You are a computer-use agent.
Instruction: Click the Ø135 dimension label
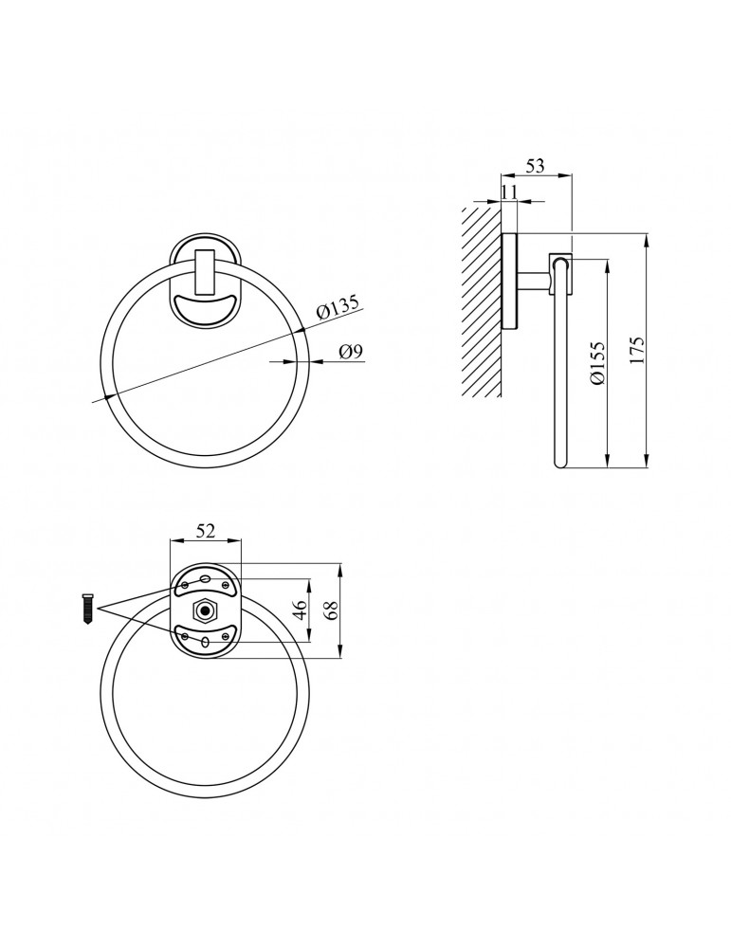[x=338, y=306]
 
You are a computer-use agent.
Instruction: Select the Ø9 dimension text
[x=352, y=352]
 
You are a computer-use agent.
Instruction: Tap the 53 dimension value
[x=535, y=165]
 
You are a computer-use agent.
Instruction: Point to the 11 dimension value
[x=509, y=191]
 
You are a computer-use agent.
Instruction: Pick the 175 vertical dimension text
[x=638, y=350]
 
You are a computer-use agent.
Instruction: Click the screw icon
[x=87, y=610]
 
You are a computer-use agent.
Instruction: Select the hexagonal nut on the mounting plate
[x=205, y=611]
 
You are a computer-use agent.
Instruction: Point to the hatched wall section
[x=482, y=301]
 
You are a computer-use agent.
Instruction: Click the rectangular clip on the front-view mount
[x=206, y=273]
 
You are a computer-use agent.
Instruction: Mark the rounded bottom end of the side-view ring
[x=560, y=464]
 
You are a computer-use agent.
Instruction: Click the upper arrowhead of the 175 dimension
[x=647, y=240]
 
